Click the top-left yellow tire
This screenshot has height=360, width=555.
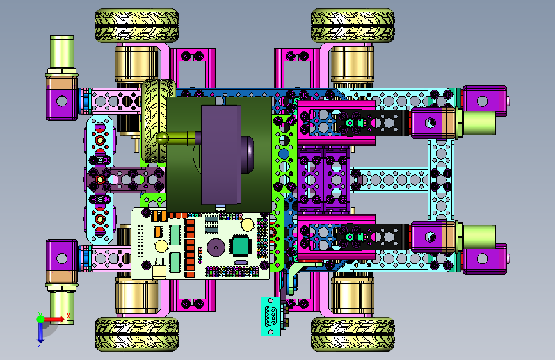(x=136, y=26)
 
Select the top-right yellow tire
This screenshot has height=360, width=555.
(x=353, y=26)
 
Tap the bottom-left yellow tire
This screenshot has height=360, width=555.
(x=136, y=334)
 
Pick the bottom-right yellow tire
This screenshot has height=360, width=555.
(x=353, y=334)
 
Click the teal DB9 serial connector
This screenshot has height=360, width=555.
(x=271, y=316)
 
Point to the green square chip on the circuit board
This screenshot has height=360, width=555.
(x=240, y=245)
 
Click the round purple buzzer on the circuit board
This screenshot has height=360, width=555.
(x=216, y=247)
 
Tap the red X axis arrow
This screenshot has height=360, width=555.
(x=54, y=319)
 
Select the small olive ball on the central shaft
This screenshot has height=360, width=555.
(x=163, y=138)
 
